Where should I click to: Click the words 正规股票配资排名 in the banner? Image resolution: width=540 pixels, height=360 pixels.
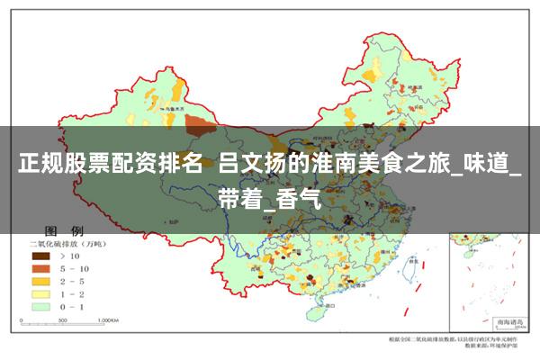pos(108,167)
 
